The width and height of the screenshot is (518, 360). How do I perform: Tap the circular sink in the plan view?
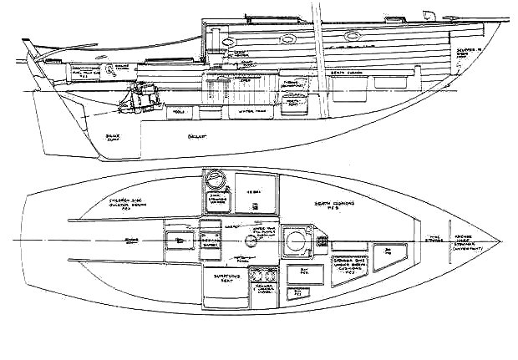pyautogui.click(x=297, y=242)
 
